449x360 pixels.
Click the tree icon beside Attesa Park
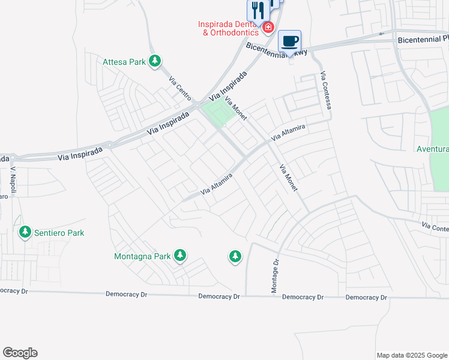point(155,61)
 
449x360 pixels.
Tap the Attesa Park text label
point(124,61)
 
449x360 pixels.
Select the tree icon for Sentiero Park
point(25,232)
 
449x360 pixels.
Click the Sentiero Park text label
point(59,233)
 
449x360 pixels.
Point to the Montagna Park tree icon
point(180,256)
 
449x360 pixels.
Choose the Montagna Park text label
point(143,256)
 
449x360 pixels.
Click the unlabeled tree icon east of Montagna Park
point(235,257)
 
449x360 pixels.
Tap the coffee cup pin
point(290,41)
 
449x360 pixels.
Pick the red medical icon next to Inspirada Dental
point(268,26)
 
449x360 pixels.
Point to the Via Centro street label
point(180,88)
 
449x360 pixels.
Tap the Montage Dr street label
point(276,277)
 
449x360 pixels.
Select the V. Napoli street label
point(14,178)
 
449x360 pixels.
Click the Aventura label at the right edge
point(433,149)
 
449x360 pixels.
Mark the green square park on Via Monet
point(218,112)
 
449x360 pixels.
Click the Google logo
point(20,353)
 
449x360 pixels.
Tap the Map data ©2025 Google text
point(411,355)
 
